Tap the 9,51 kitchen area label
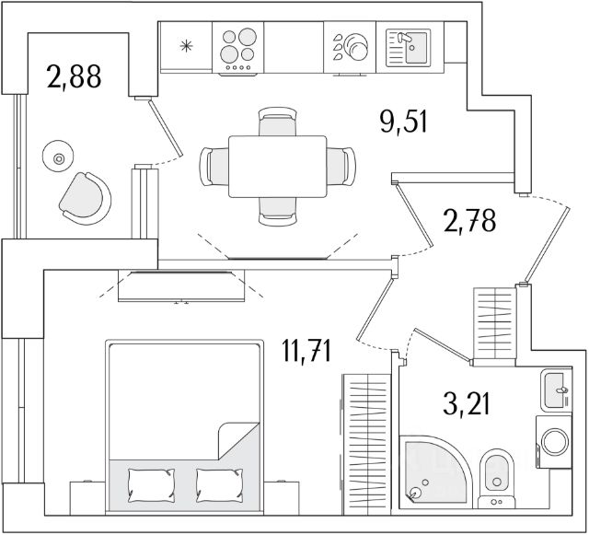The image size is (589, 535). pos(405,120)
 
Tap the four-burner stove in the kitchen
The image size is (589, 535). pos(238,46)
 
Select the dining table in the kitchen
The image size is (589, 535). pos(277,166)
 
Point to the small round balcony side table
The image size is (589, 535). pos(60,158)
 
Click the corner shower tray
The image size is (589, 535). pos(433,470)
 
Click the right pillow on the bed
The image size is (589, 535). pos(219,482)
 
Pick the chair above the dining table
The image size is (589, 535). pos(277,122)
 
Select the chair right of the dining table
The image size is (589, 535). pos(342,166)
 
